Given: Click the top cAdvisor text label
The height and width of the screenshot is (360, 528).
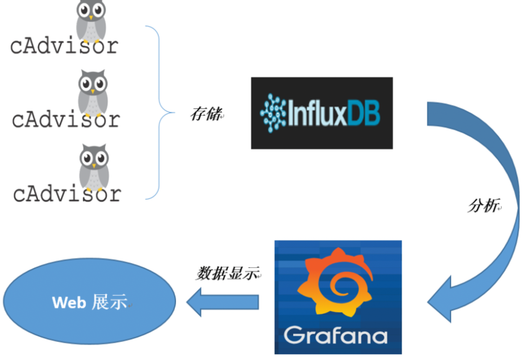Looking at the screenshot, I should [64, 46].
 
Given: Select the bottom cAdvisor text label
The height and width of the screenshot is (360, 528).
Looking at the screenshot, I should [67, 193].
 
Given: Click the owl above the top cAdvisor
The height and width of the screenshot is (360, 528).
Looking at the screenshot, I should [91, 21].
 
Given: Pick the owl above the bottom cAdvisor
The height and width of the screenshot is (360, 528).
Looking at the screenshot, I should [94, 166].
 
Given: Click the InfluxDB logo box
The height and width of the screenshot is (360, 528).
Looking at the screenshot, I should [322, 113].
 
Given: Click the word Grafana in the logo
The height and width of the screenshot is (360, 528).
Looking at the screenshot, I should [336, 335].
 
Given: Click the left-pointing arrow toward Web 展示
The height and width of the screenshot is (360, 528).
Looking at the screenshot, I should [222, 302].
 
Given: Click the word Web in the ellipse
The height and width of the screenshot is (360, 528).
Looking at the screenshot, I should [69, 303].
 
